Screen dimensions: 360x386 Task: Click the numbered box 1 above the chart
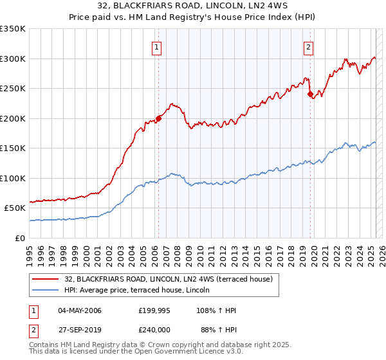click(157, 46)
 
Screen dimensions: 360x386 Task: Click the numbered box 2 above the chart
click(309, 46)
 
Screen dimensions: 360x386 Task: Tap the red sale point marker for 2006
click(158, 118)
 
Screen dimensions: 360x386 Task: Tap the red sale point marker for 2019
click(311, 94)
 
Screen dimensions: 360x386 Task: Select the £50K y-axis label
click(15, 208)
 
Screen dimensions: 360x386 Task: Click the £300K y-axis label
click(13, 59)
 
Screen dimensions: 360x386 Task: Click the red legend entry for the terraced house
click(169, 279)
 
